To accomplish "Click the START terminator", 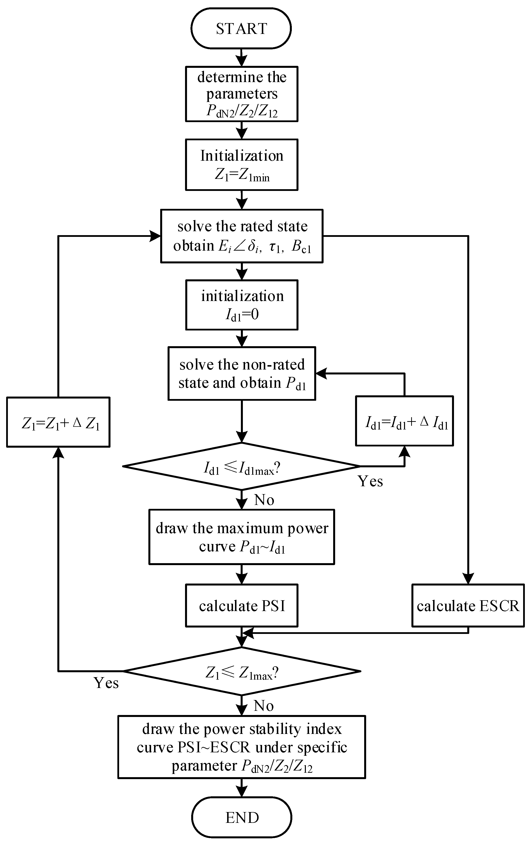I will [241, 28].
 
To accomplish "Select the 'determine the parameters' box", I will [241, 94].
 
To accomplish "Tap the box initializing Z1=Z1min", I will [241, 165].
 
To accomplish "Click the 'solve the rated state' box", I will [241, 236].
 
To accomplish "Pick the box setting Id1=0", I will [241, 305].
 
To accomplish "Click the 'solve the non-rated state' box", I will [241, 373].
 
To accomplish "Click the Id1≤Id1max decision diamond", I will [241, 466].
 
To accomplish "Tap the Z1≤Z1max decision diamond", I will [241, 671].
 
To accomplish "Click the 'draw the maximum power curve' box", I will [241, 537].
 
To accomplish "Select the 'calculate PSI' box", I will [241, 605].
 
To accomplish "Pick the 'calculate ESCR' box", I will [468, 605].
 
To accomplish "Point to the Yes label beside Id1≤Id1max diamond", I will [370, 481].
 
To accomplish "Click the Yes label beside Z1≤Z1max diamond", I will [106, 683].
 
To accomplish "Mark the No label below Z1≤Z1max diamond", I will [264, 706].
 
